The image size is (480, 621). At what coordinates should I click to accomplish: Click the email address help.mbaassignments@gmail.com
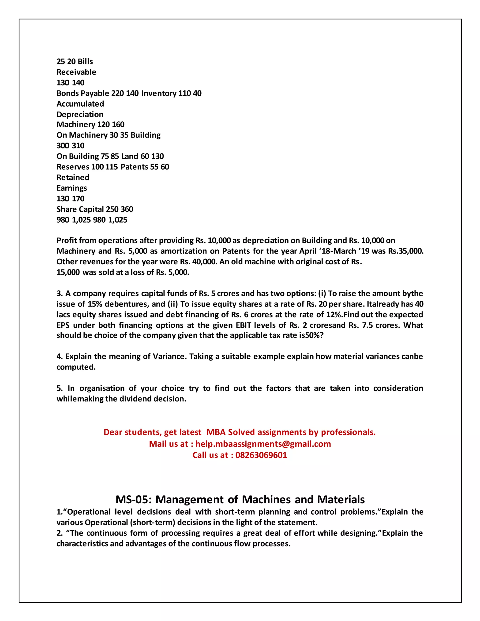click(x=263, y=444)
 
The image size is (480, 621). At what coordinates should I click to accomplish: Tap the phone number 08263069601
click(x=261, y=455)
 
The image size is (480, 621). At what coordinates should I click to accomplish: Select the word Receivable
click(x=76, y=72)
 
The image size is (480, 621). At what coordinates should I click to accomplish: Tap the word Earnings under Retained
click(x=72, y=188)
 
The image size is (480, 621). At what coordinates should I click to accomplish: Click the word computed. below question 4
click(x=76, y=367)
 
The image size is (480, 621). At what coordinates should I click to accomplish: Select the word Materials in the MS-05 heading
click(x=341, y=500)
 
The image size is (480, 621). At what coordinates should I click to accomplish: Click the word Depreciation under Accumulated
click(x=80, y=115)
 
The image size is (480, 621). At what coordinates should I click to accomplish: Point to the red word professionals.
click(x=348, y=432)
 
